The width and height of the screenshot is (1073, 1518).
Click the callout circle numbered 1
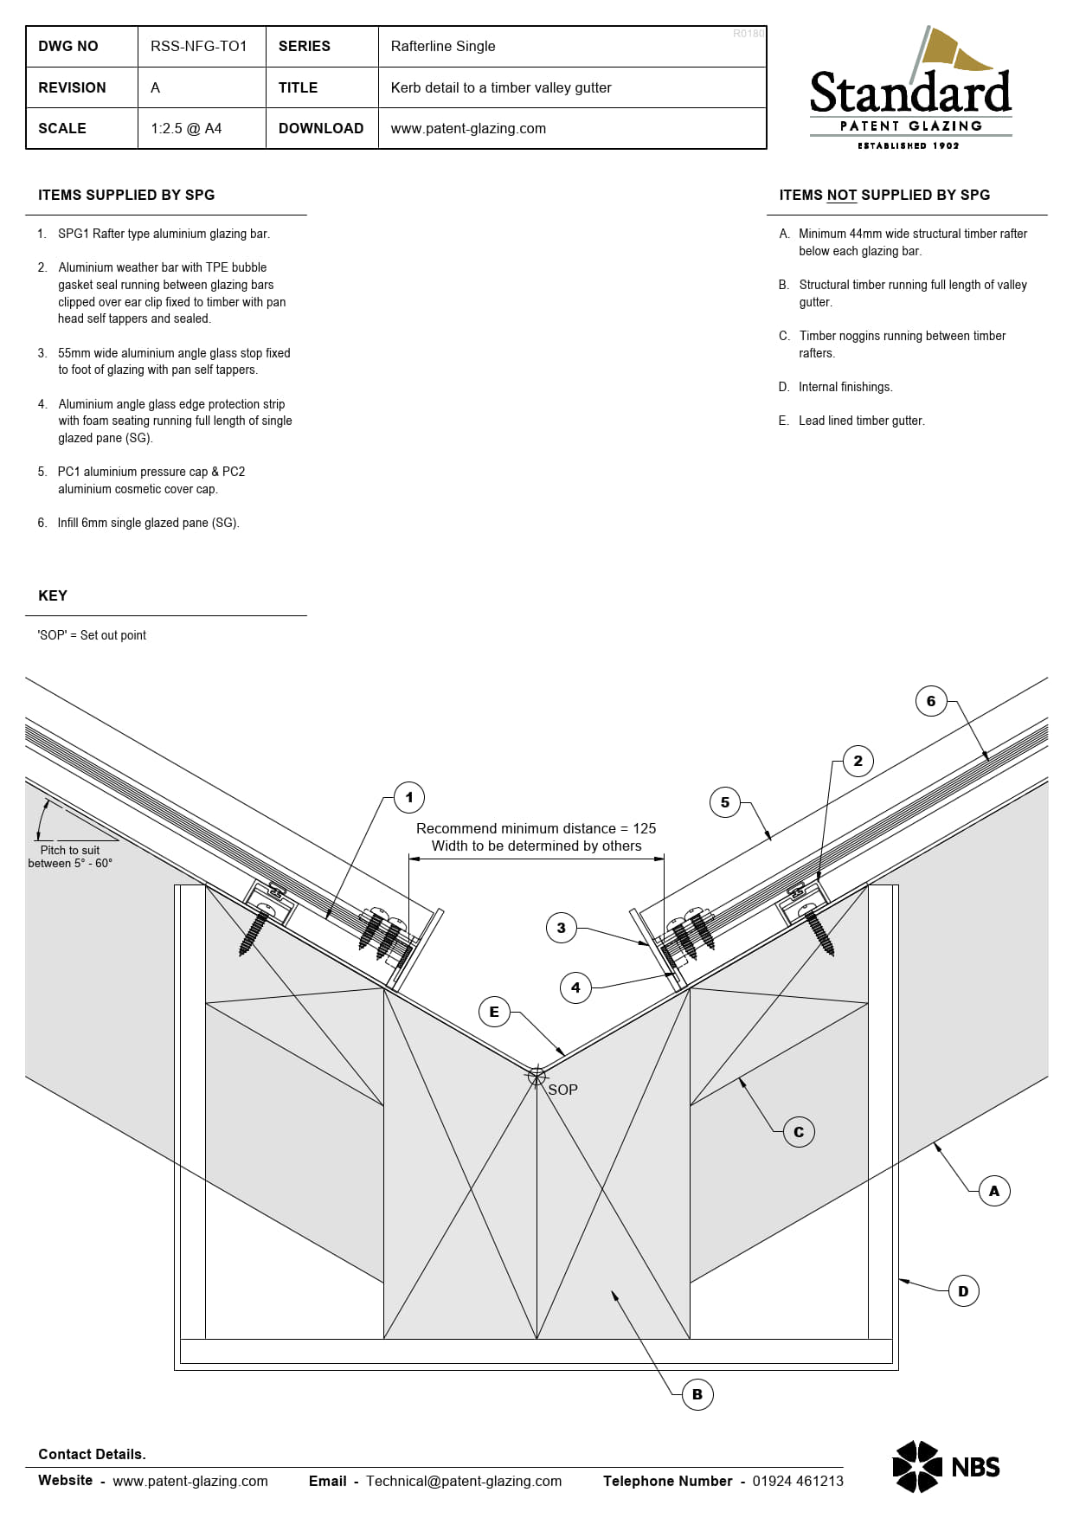click(409, 797)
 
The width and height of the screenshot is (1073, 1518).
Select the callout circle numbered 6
click(931, 701)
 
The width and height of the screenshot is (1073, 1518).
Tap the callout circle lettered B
click(697, 1394)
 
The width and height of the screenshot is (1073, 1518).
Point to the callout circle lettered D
click(963, 1291)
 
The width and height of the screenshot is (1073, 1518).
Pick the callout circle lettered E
click(494, 1012)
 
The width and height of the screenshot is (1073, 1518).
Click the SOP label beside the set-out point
click(562, 1090)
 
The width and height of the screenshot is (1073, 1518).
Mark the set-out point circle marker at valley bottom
click(536, 1075)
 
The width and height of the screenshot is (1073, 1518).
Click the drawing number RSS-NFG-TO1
click(199, 46)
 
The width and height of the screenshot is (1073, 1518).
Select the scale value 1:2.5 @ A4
click(186, 128)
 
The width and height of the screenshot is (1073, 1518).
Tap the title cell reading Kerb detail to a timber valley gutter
click(501, 87)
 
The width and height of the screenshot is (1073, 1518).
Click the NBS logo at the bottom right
click(947, 1466)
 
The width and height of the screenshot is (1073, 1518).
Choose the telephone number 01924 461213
click(798, 1481)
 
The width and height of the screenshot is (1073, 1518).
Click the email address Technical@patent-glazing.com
click(464, 1481)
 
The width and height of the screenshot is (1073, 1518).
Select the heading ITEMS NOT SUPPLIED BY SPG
click(884, 196)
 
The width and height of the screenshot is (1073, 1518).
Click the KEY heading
click(53, 595)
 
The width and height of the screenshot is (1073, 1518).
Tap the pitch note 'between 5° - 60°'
click(70, 863)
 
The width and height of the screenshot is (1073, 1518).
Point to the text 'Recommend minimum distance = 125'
click(536, 828)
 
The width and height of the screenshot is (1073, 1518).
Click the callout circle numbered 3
click(561, 928)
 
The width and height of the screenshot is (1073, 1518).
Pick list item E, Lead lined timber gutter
click(851, 421)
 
